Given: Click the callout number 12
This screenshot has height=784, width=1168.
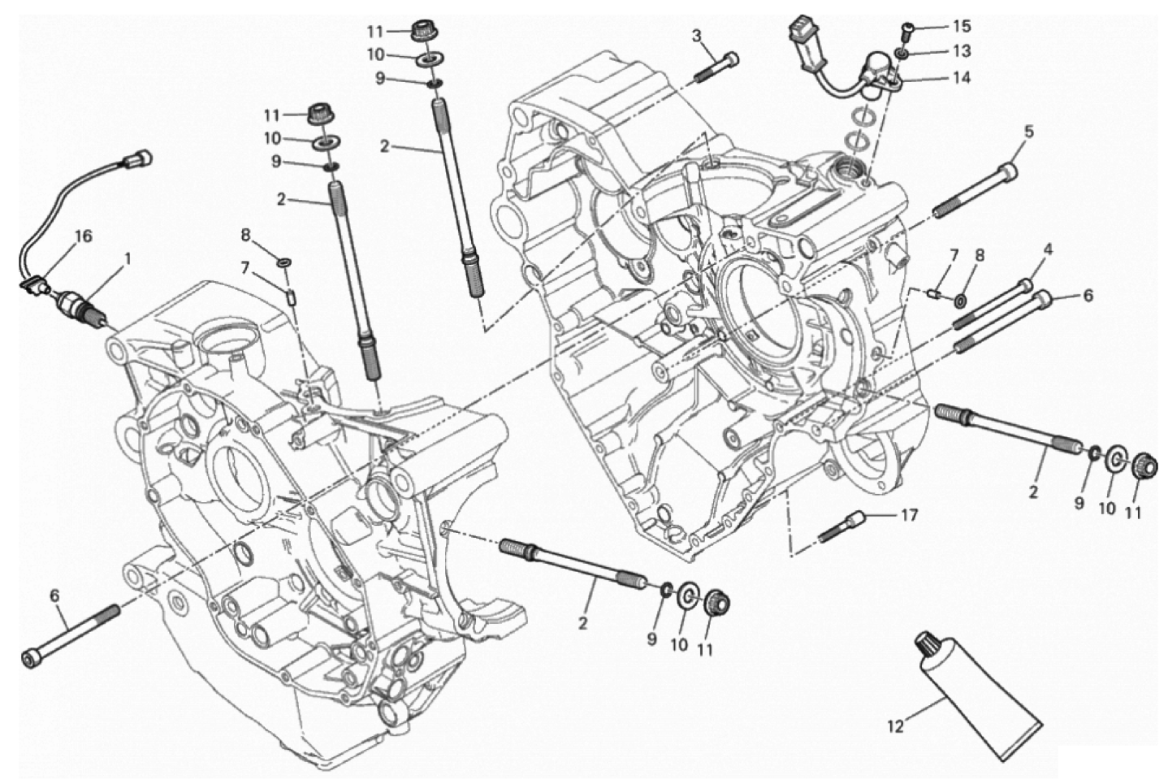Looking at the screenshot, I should (x=895, y=727).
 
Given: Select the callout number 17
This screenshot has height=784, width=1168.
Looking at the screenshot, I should (x=909, y=515).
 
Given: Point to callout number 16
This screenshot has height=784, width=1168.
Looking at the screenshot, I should (x=84, y=236).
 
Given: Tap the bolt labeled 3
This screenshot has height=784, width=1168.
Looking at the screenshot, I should (x=719, y=67).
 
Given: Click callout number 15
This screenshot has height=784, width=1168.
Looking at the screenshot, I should (x=962, y=27).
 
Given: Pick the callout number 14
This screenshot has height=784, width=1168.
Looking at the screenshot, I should (x=962, y=78).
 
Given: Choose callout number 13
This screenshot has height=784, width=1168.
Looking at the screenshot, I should (x=962, y=51).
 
